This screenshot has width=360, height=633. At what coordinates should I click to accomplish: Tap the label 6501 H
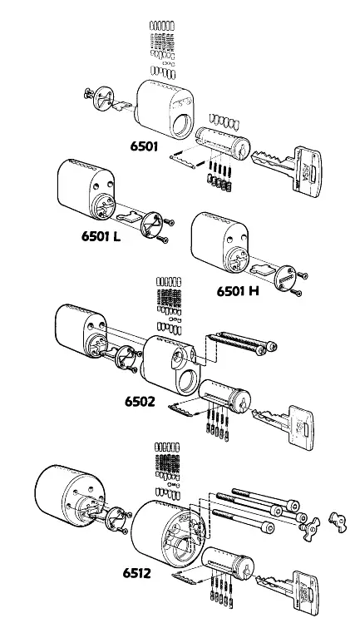tap(237, 291)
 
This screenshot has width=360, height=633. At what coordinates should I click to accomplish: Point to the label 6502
tap(141, 401)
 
